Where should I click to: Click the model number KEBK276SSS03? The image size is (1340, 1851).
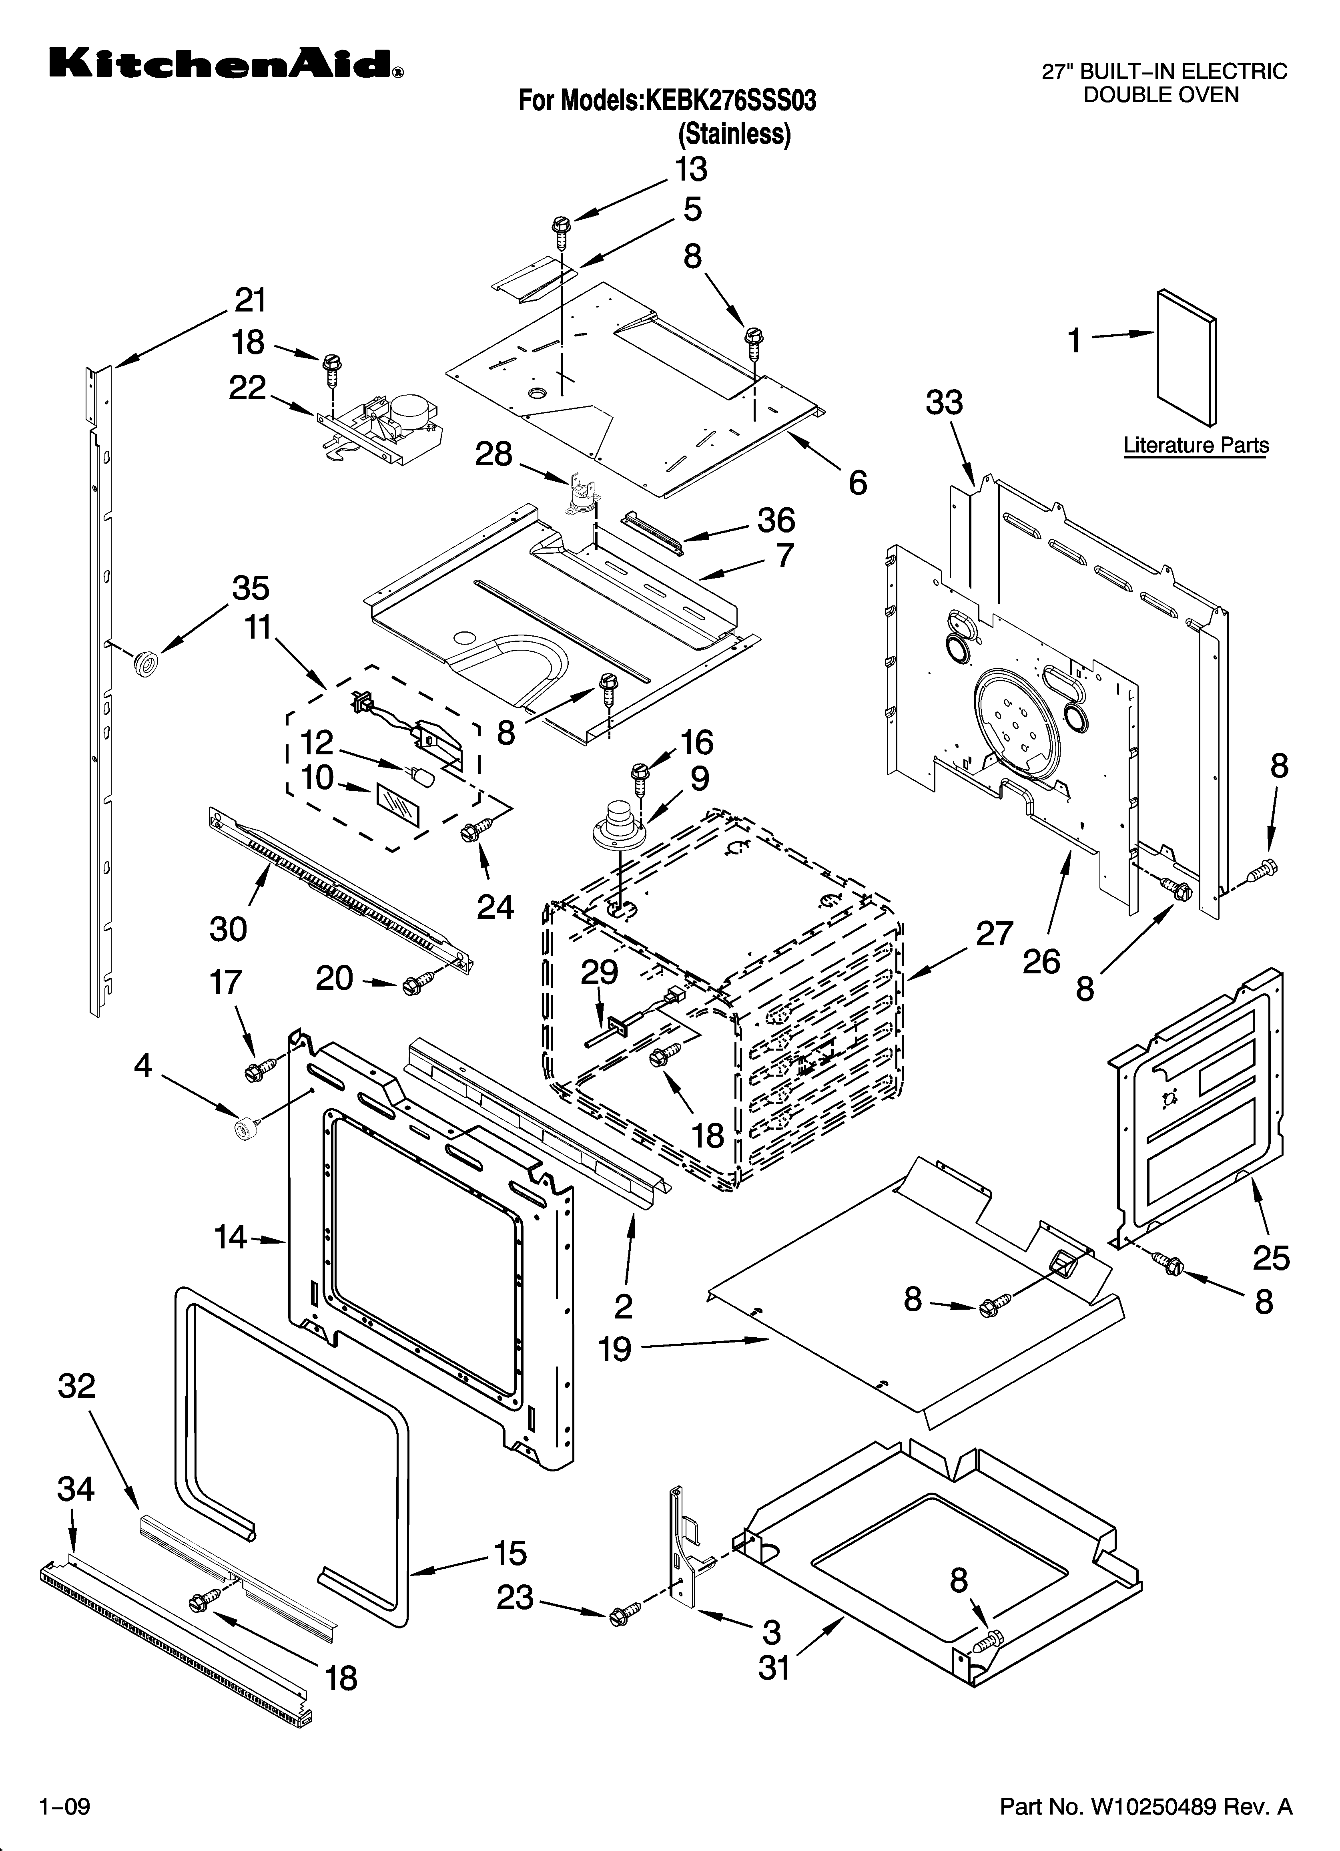point(730,101)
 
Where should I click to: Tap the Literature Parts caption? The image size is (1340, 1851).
point(1196,446)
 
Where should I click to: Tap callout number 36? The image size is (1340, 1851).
point(775,520)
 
